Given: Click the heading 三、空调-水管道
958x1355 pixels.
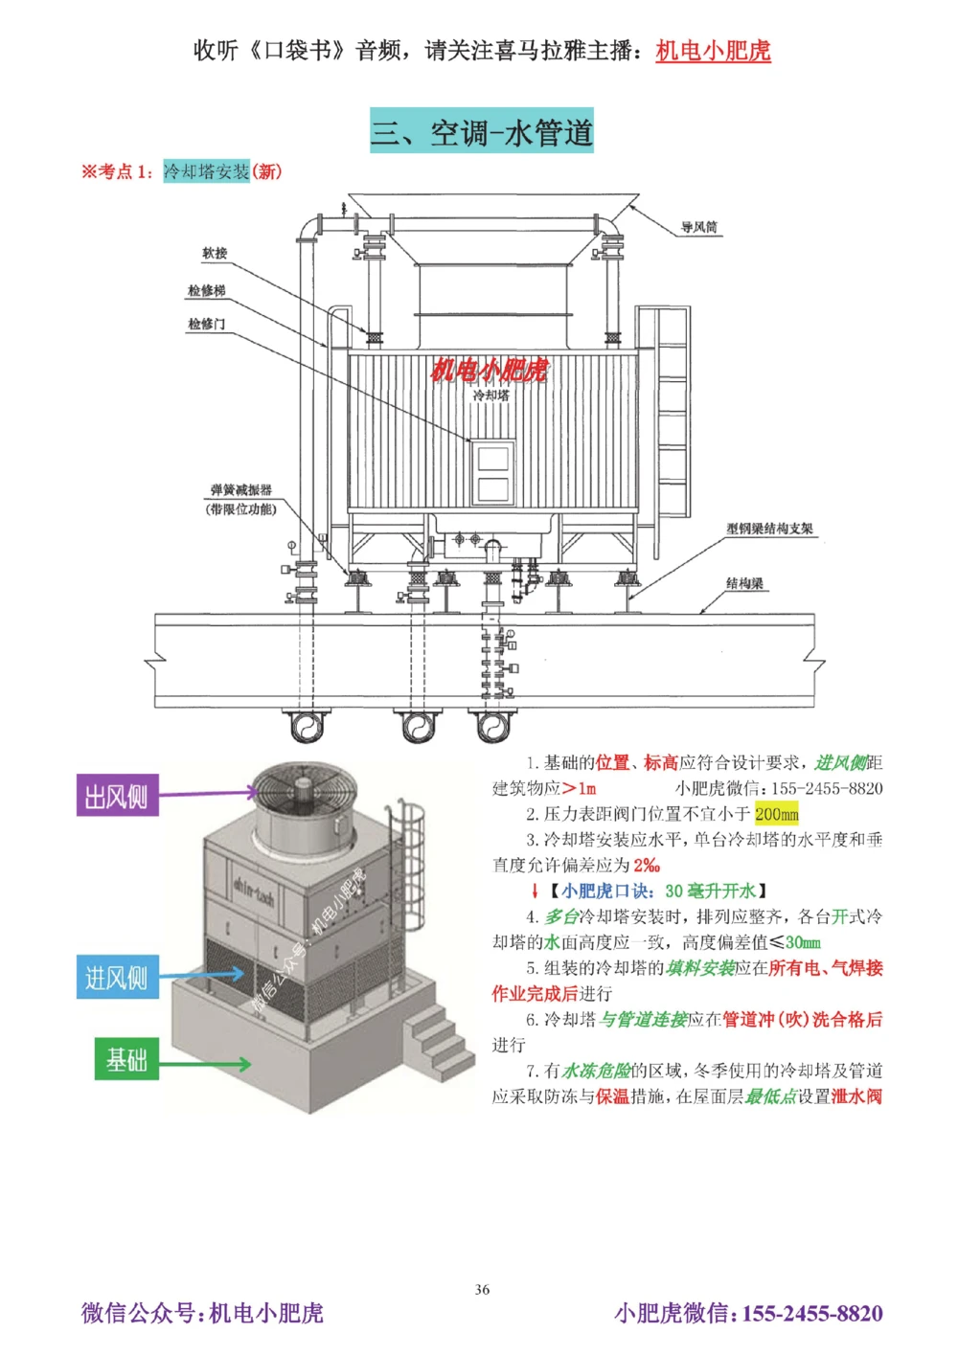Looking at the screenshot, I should point(482,131).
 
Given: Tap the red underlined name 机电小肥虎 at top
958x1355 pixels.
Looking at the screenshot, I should point(713,51).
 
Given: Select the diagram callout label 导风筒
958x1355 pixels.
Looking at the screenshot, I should point(698,227).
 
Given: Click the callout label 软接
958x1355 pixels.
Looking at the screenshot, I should point(215,253).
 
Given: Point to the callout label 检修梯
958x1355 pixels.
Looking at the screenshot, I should point(206,290).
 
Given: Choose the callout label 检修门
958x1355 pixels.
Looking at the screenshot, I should point(206,324).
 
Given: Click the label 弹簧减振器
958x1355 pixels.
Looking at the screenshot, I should point(240,490).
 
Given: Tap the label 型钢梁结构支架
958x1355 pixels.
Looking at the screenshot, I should point(769,529).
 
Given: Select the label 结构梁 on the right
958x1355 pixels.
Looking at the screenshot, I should point(744,583).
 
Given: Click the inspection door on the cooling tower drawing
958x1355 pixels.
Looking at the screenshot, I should point(492,472).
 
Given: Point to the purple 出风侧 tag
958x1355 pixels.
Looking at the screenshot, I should point(117,796).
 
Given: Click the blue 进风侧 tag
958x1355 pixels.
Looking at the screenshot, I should point(117,977).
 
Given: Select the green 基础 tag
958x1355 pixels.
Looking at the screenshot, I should point(126,1059).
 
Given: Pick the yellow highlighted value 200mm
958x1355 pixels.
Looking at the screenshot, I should point(776,814).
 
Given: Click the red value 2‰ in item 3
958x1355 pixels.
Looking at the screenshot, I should point(647,866).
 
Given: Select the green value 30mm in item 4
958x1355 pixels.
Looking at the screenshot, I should point(803,942).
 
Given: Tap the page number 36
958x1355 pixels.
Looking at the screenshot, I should point(482,1289).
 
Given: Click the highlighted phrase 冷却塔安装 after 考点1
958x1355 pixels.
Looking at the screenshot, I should point(206,171).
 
